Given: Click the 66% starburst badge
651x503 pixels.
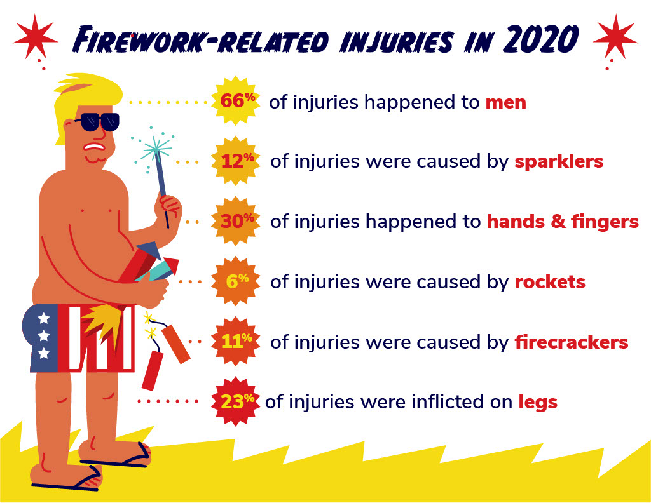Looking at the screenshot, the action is pyautogui.click(x=236, y=100).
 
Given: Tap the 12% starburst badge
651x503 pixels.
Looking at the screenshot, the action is pyautogui.click(x=236, y=161).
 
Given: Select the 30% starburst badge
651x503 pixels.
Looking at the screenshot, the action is pyautogui.click(x=236, y=221).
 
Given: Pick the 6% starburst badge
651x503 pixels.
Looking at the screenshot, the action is pyautogui.click(x=236, y=281).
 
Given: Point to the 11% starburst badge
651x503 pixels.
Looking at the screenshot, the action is pyautogui.click(x=236, y=341).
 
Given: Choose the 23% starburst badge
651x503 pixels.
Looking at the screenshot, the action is pyautogui.click(x=236, y=401).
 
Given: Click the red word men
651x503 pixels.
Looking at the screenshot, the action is pyautogui.click(x=505, y=102).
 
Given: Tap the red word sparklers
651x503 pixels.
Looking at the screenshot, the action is pyautogui.click(x=559, y=161).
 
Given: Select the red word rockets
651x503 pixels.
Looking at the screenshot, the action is pyautogui.click(x=550, y=282).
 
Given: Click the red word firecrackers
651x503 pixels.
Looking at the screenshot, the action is pyautogui.click(x=572, y=342).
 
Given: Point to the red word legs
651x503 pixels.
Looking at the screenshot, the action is pyautogui.click(x=538, y=402).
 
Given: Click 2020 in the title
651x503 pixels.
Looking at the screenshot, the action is pyautogui.click(x=540, y=39).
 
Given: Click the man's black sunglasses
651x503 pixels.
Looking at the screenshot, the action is pyautogui.click(x=97, y=122).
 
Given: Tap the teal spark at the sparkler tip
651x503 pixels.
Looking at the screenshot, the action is pyautogui.click(x=156, y=148).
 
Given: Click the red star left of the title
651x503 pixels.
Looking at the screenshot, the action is pyautogui.click(x=36, y=36).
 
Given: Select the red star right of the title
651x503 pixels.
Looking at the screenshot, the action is pyautogui.click(x=615, y=36).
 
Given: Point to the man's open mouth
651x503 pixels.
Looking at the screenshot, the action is pyautogui.click(x=94, y=147).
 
